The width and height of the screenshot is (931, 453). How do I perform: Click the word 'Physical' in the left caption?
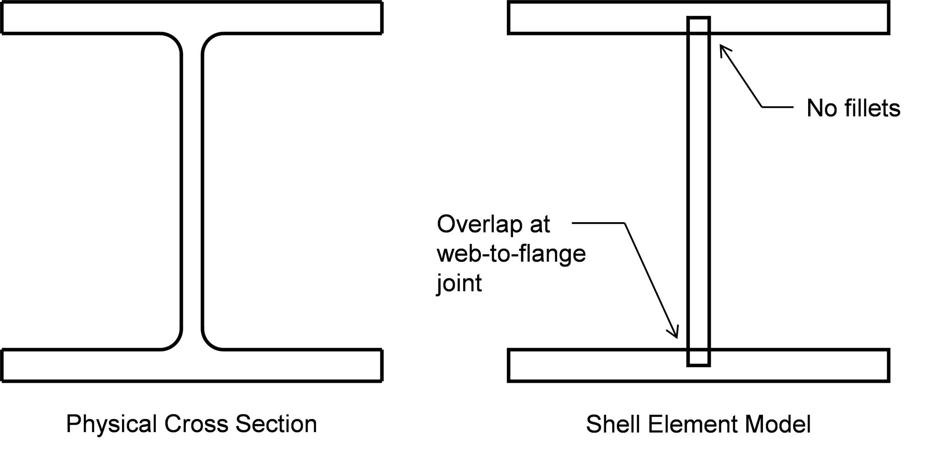pos(111,424)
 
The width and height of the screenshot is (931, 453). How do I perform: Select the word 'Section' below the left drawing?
pos(276,424)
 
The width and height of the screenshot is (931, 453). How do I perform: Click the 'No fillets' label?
pos(853,108)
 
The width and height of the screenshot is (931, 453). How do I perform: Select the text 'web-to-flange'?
pos(511,254)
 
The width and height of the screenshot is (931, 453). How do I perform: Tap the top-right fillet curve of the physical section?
pos(208,39)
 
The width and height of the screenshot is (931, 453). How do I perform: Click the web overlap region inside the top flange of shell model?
pos(698,26)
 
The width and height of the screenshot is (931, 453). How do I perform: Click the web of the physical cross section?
pos(192,191)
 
